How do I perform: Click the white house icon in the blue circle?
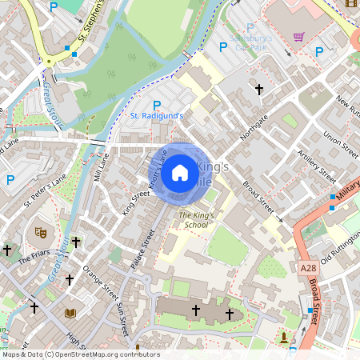pos(180,173)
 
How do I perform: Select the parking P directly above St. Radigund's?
pos(157,105)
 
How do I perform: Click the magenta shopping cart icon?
pos(298,37)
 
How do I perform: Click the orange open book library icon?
pos(70,312)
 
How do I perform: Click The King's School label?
pos(197,220)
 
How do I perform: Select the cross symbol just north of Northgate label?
pos(258,90)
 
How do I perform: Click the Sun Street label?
pos(122,316)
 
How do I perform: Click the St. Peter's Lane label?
pos(44,192)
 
